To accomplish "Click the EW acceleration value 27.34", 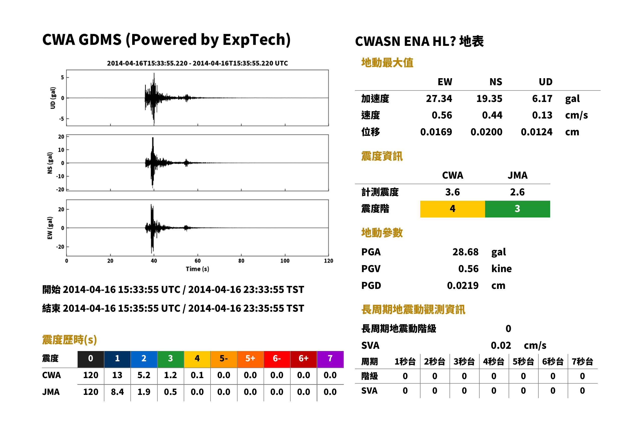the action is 439,98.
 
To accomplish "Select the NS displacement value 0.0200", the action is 486,132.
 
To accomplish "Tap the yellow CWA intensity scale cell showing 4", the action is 453,209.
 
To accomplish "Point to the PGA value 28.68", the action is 465,252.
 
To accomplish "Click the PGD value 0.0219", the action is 463,285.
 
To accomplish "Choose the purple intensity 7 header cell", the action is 330,358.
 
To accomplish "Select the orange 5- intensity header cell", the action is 224,358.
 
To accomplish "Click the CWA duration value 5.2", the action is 144,375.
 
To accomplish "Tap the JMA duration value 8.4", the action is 117,392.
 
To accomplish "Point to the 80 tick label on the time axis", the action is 241,261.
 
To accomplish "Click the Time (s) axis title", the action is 197,269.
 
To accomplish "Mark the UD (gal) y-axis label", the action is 53,98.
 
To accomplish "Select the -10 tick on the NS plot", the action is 60,176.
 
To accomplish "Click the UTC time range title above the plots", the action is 197,63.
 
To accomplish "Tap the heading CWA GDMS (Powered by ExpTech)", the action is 166,40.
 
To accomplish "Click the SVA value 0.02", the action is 501,346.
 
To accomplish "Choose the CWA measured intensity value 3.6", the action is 453,192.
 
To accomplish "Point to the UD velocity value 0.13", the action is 542,115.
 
